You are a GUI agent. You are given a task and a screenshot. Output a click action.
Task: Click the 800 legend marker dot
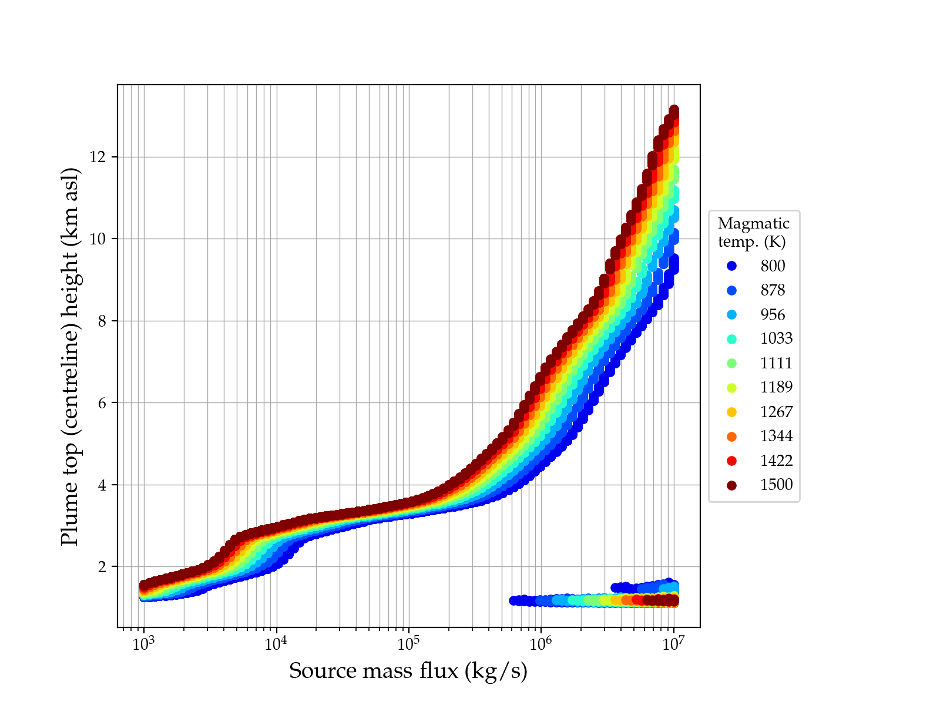pyautogui.click(x=731, y=266)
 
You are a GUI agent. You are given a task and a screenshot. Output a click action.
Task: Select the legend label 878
pyautogui.click(x=773, y=290)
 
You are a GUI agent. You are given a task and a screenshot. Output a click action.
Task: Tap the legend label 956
pyautogui.click(x=773, y=315)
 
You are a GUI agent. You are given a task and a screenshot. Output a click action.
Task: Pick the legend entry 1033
pyautogui.click(x=776, y=339)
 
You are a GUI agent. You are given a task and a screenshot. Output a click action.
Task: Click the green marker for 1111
pyautogui.click(x=731, y=363)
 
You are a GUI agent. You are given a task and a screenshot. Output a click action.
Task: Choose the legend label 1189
pyautogui.click(x=776, y=388)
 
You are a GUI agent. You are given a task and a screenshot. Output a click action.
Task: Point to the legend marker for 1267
pyautogui.click(x=731, y=412)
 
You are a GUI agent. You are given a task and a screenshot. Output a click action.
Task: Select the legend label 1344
pyautogui.click(x=776, y=437)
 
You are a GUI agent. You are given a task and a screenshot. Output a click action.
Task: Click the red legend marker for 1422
pyautogui.click(x=731, y=461)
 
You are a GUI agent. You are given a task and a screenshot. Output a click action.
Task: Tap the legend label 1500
pyautogui.click(x=776, y=485)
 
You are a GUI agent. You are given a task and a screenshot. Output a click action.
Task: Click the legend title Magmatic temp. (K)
pyautogui.click(x=753, y=233)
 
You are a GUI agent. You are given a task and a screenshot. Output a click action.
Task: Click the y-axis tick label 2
pyautogui.click(x=106, y=567)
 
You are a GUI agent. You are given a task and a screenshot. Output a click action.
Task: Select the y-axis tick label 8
pyautogui.click(x=106, y=321)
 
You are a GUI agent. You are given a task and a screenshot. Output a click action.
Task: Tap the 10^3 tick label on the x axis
pyautogui.click(x=143, y=644)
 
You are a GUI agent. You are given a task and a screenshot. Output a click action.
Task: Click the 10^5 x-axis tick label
pyautogui.click(x=409, y=644)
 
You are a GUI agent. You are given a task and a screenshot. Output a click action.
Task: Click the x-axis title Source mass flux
pyautogui.click(x=408, y=671)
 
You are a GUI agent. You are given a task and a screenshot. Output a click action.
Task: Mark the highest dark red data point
pyautogui.click(x=674, y=110)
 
